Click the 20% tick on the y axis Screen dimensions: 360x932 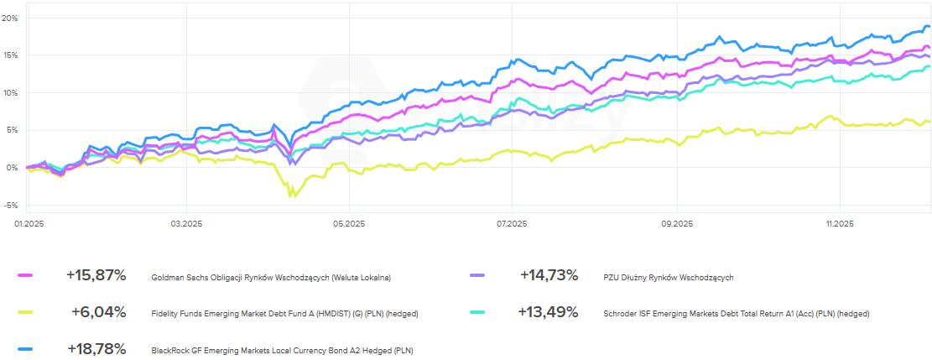point(10,18)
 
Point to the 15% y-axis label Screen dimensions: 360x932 point(10,55)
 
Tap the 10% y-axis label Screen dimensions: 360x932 point(10,92)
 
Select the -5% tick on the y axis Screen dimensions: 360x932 point(10,205)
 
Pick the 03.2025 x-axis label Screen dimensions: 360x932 point(185,223)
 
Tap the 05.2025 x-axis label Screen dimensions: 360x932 point(349,223)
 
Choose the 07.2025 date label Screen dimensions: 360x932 point(512,223)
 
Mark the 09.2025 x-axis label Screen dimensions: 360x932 point(677,223)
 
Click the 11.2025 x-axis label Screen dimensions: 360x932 point(840,223)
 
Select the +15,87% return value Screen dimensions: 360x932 point(96,275)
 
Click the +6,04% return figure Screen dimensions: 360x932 point(99,312)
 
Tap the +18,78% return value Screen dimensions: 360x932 point(96,349)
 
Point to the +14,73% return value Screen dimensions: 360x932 point(549,275)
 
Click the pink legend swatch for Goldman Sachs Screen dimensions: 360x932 point(24,275)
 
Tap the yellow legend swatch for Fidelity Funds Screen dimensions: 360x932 point(24,312)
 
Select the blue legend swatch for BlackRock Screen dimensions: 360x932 point(24,349)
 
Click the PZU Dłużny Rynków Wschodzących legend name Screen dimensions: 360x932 point(669,277)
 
